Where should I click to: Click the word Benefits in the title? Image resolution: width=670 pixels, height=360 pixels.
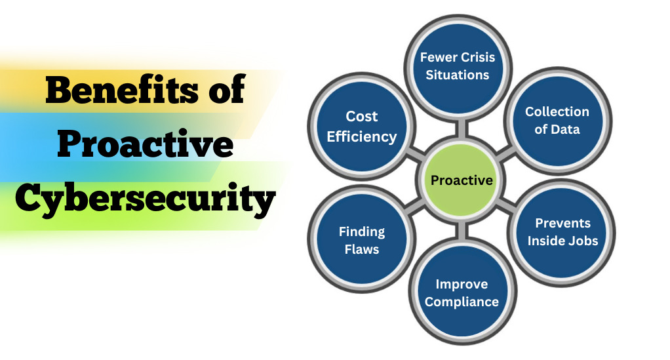(122, 89)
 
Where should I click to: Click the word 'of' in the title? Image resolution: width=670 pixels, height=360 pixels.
(227, 89)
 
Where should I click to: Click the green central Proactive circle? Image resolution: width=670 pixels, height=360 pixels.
(461, 180)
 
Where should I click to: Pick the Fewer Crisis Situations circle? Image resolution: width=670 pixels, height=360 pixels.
(458, 67)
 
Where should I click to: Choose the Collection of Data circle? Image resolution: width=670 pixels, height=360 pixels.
(557, 121)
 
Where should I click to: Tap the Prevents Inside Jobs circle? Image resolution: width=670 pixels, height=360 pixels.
(562, 233)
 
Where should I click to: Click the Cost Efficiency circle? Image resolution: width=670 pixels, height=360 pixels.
(362, 127)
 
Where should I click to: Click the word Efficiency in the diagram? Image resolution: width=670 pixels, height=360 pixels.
(362, 137)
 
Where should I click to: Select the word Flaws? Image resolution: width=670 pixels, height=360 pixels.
(362, 249)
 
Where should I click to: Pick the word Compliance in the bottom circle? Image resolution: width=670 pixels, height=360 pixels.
(462, 302)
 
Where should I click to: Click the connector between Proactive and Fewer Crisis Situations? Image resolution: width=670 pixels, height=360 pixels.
(461, 129)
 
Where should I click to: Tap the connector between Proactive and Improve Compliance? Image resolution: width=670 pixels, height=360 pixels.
(461, 230)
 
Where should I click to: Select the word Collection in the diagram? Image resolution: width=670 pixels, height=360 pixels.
(557, 111)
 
